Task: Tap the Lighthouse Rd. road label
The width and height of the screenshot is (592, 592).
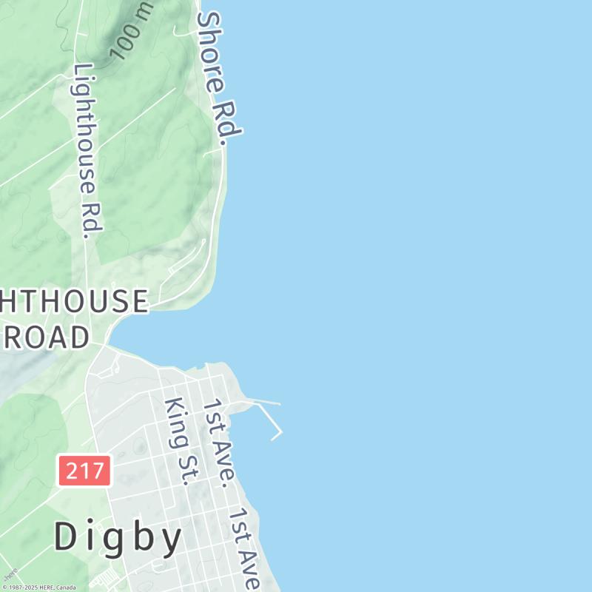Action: pos(87,150)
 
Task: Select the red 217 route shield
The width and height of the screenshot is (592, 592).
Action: pos(84,471)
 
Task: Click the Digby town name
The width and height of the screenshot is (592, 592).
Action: pos(118,538)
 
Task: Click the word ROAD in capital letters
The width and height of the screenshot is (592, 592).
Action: pos(46,337)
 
